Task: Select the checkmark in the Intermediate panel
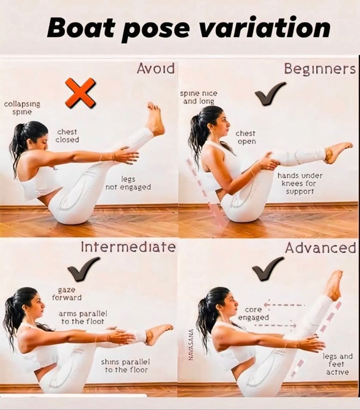(83, 269)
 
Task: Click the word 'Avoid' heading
(156, 69)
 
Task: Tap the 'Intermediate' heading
(128, 247)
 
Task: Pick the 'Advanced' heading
(320, 248)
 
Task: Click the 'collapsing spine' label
(22, 108)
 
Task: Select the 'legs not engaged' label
(128, 183)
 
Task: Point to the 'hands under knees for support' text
(300, 183)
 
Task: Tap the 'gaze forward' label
(67, 294)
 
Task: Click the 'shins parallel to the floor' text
(126, 366)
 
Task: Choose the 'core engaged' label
(253, 314)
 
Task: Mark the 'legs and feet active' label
(338, 364)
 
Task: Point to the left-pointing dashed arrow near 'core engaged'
(284, 304)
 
